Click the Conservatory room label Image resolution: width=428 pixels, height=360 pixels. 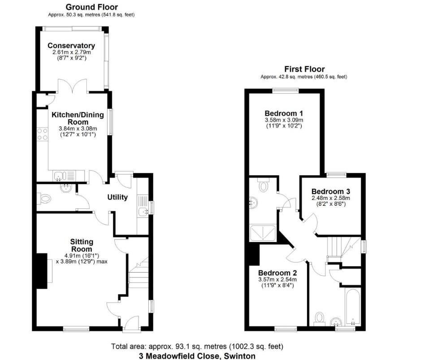coord(71,46)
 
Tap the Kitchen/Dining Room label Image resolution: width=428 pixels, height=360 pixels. coord(78,118)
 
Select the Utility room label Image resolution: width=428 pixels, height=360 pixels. coord(117,197)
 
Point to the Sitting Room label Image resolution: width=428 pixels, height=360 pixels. coord(81,245)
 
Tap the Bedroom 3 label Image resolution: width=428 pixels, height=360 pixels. coord(331,191)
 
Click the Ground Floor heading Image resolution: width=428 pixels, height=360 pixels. coord(91,7)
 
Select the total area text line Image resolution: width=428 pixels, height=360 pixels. coord(197,347)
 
